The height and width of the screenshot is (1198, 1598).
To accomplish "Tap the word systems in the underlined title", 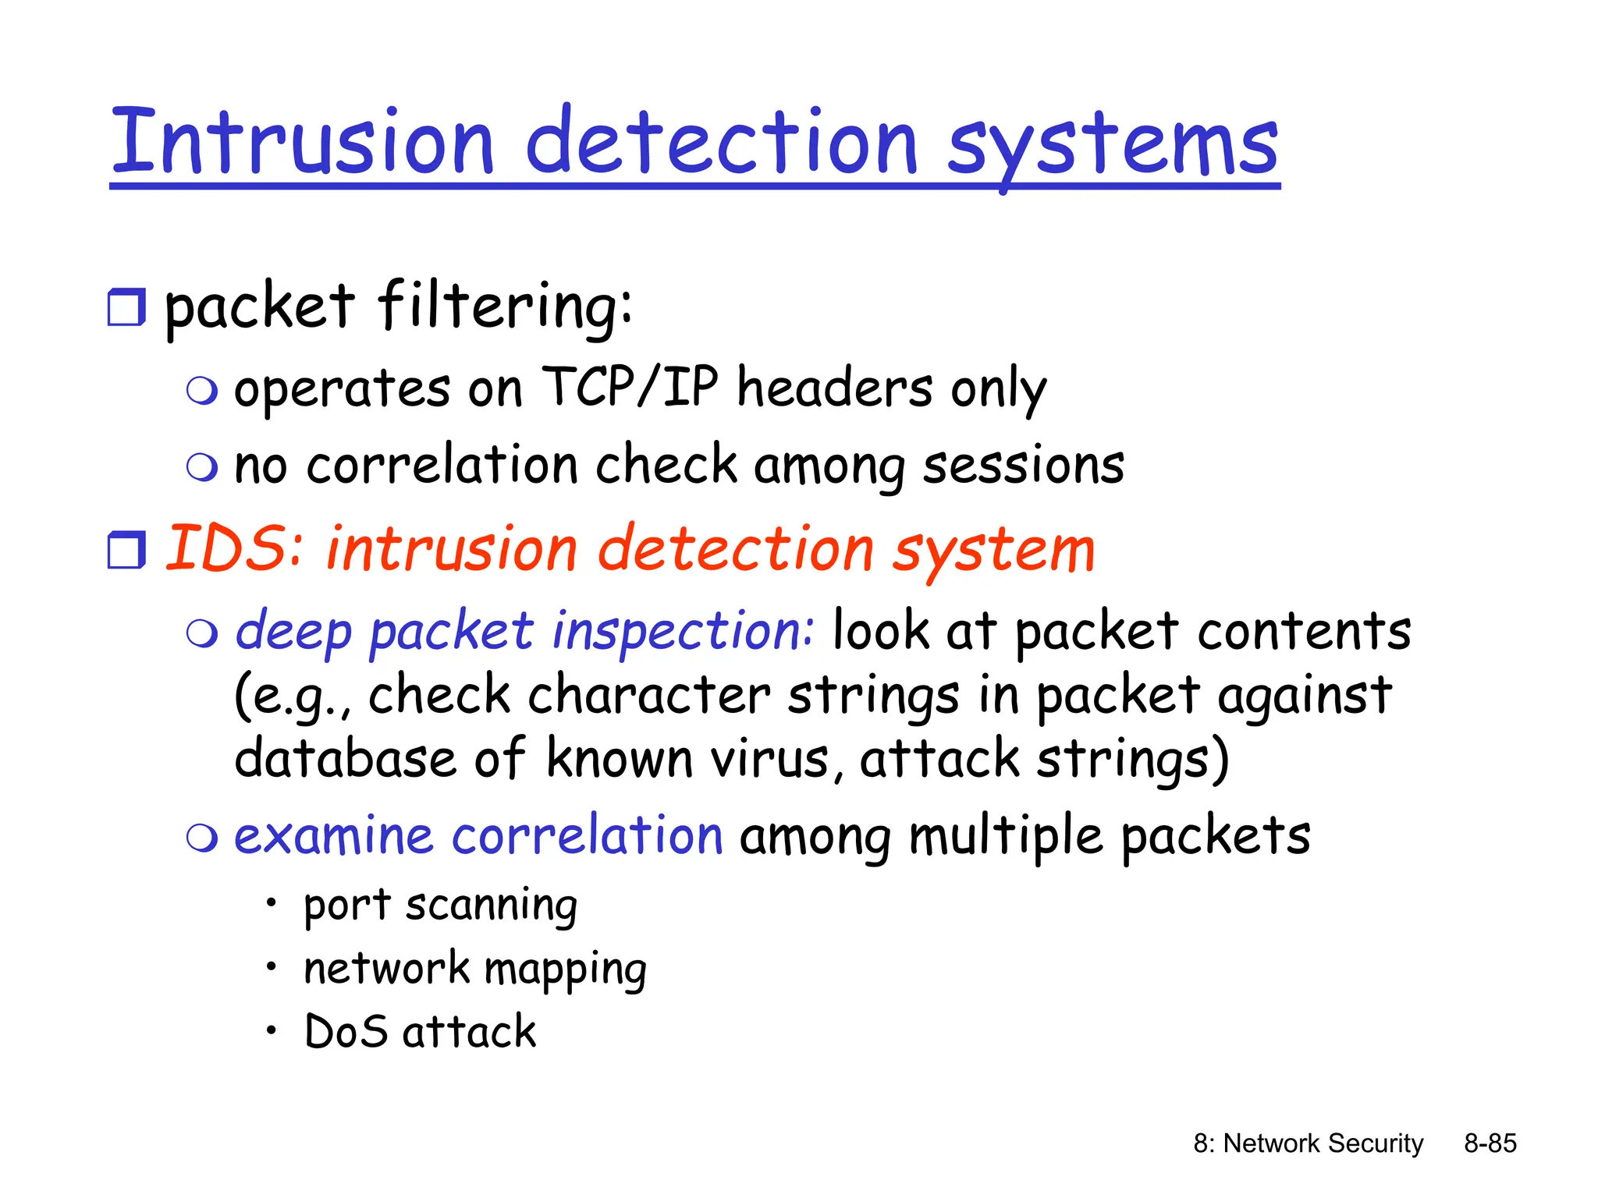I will click(x=1113, y=145).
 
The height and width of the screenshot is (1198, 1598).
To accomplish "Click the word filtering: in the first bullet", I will click(x=505, y=307).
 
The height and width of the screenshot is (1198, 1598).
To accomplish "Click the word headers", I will click(x=835, y=388).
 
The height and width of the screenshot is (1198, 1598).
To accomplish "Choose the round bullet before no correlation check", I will click(x=202, y=467).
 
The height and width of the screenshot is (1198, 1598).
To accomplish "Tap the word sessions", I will click(x=1024, y=466).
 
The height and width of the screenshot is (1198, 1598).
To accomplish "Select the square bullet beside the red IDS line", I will click(x=126, y=550).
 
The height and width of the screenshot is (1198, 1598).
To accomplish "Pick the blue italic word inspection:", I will click(x=684, y=630).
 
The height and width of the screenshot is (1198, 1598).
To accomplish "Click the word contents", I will click(x=1305, y=630).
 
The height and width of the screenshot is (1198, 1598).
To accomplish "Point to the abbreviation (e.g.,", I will click(x=293, y=696).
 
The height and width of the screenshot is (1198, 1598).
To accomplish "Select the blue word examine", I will click(x=333, y=836).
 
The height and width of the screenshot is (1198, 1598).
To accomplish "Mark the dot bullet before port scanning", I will click(x=271, y=904).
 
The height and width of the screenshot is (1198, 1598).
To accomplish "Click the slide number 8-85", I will click(x=1490, y=1143).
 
